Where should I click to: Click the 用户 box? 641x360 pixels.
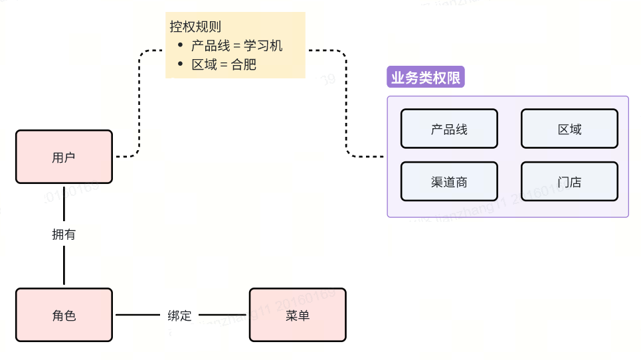click(x=64, y=157)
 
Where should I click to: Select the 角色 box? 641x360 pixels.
click(x=64, y=315)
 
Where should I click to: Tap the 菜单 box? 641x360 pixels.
click(x=298, y=315)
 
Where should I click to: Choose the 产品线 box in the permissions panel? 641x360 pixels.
click(x=449, y=129)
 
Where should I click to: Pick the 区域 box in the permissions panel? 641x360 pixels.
click(x=569, y=129)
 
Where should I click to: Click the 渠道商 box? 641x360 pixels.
click(x=449, y=181)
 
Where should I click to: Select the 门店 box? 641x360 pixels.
click(x=569, y=181)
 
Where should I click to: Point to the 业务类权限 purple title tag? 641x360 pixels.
click(x=425, y=78)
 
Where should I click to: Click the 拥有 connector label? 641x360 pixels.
click(x=64, y=234)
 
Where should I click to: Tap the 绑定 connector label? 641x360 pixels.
click(x=179, y=315)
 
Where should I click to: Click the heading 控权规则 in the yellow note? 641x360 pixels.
click(x=195, y=27)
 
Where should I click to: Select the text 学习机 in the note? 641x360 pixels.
click(x=263, y=46)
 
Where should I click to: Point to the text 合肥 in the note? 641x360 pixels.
click(x=244, y=64)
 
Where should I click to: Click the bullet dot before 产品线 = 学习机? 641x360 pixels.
click(x=180, y=46)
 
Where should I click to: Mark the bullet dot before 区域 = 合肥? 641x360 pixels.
click(x=180, y=64)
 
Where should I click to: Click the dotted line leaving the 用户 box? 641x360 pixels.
click(x=126, y=157)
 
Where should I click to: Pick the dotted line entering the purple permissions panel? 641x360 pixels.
click(x=365, y=157)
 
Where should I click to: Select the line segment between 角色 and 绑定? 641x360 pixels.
click(x=139, y=315)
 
